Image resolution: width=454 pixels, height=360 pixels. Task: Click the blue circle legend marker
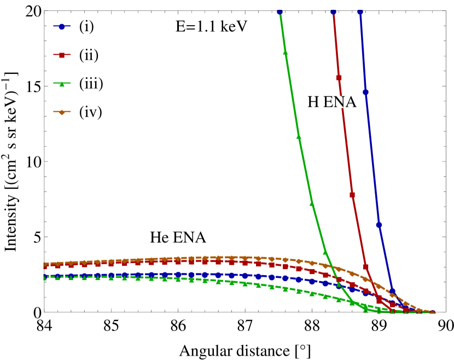click(62, 26)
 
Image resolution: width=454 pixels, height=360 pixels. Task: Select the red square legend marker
click(62, 55)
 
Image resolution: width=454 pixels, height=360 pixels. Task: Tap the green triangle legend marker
click(62, 84)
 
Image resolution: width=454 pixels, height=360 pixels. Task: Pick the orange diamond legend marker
click(62, 112)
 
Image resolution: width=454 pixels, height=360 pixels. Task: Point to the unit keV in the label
click(235, 26)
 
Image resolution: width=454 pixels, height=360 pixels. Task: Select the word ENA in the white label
click(340, 102)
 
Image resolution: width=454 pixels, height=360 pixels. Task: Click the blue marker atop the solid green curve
click(280, 11)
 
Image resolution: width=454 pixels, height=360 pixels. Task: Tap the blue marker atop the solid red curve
click(333, 11)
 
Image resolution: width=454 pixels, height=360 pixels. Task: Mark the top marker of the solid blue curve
click(360, 11)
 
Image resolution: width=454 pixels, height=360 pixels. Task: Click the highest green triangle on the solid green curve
click(285, 53)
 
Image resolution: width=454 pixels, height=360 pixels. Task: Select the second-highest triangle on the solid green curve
click(299, 136)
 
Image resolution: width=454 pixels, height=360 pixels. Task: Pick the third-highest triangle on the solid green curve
click(312, 203)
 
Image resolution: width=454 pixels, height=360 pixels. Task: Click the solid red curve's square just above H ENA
click(339, 78)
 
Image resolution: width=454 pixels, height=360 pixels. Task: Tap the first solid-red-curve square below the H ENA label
click(352, 194)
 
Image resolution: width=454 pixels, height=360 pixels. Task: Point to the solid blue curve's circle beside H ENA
click(365, 92)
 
